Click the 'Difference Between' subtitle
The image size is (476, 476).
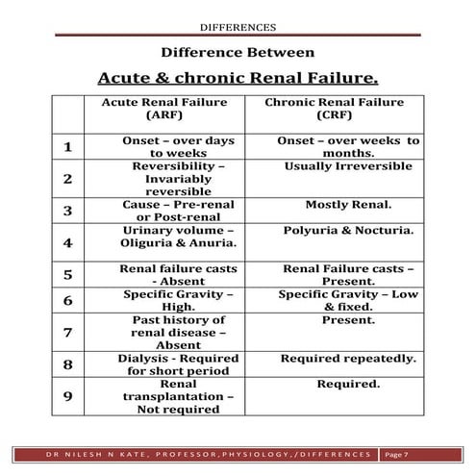point(238,53)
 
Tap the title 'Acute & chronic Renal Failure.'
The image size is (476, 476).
point(238,77)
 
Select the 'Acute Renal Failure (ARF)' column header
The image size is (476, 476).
point(170,110)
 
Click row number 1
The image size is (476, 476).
point(67,146)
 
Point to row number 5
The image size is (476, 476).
point(67,274)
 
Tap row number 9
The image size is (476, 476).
point(67,396)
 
